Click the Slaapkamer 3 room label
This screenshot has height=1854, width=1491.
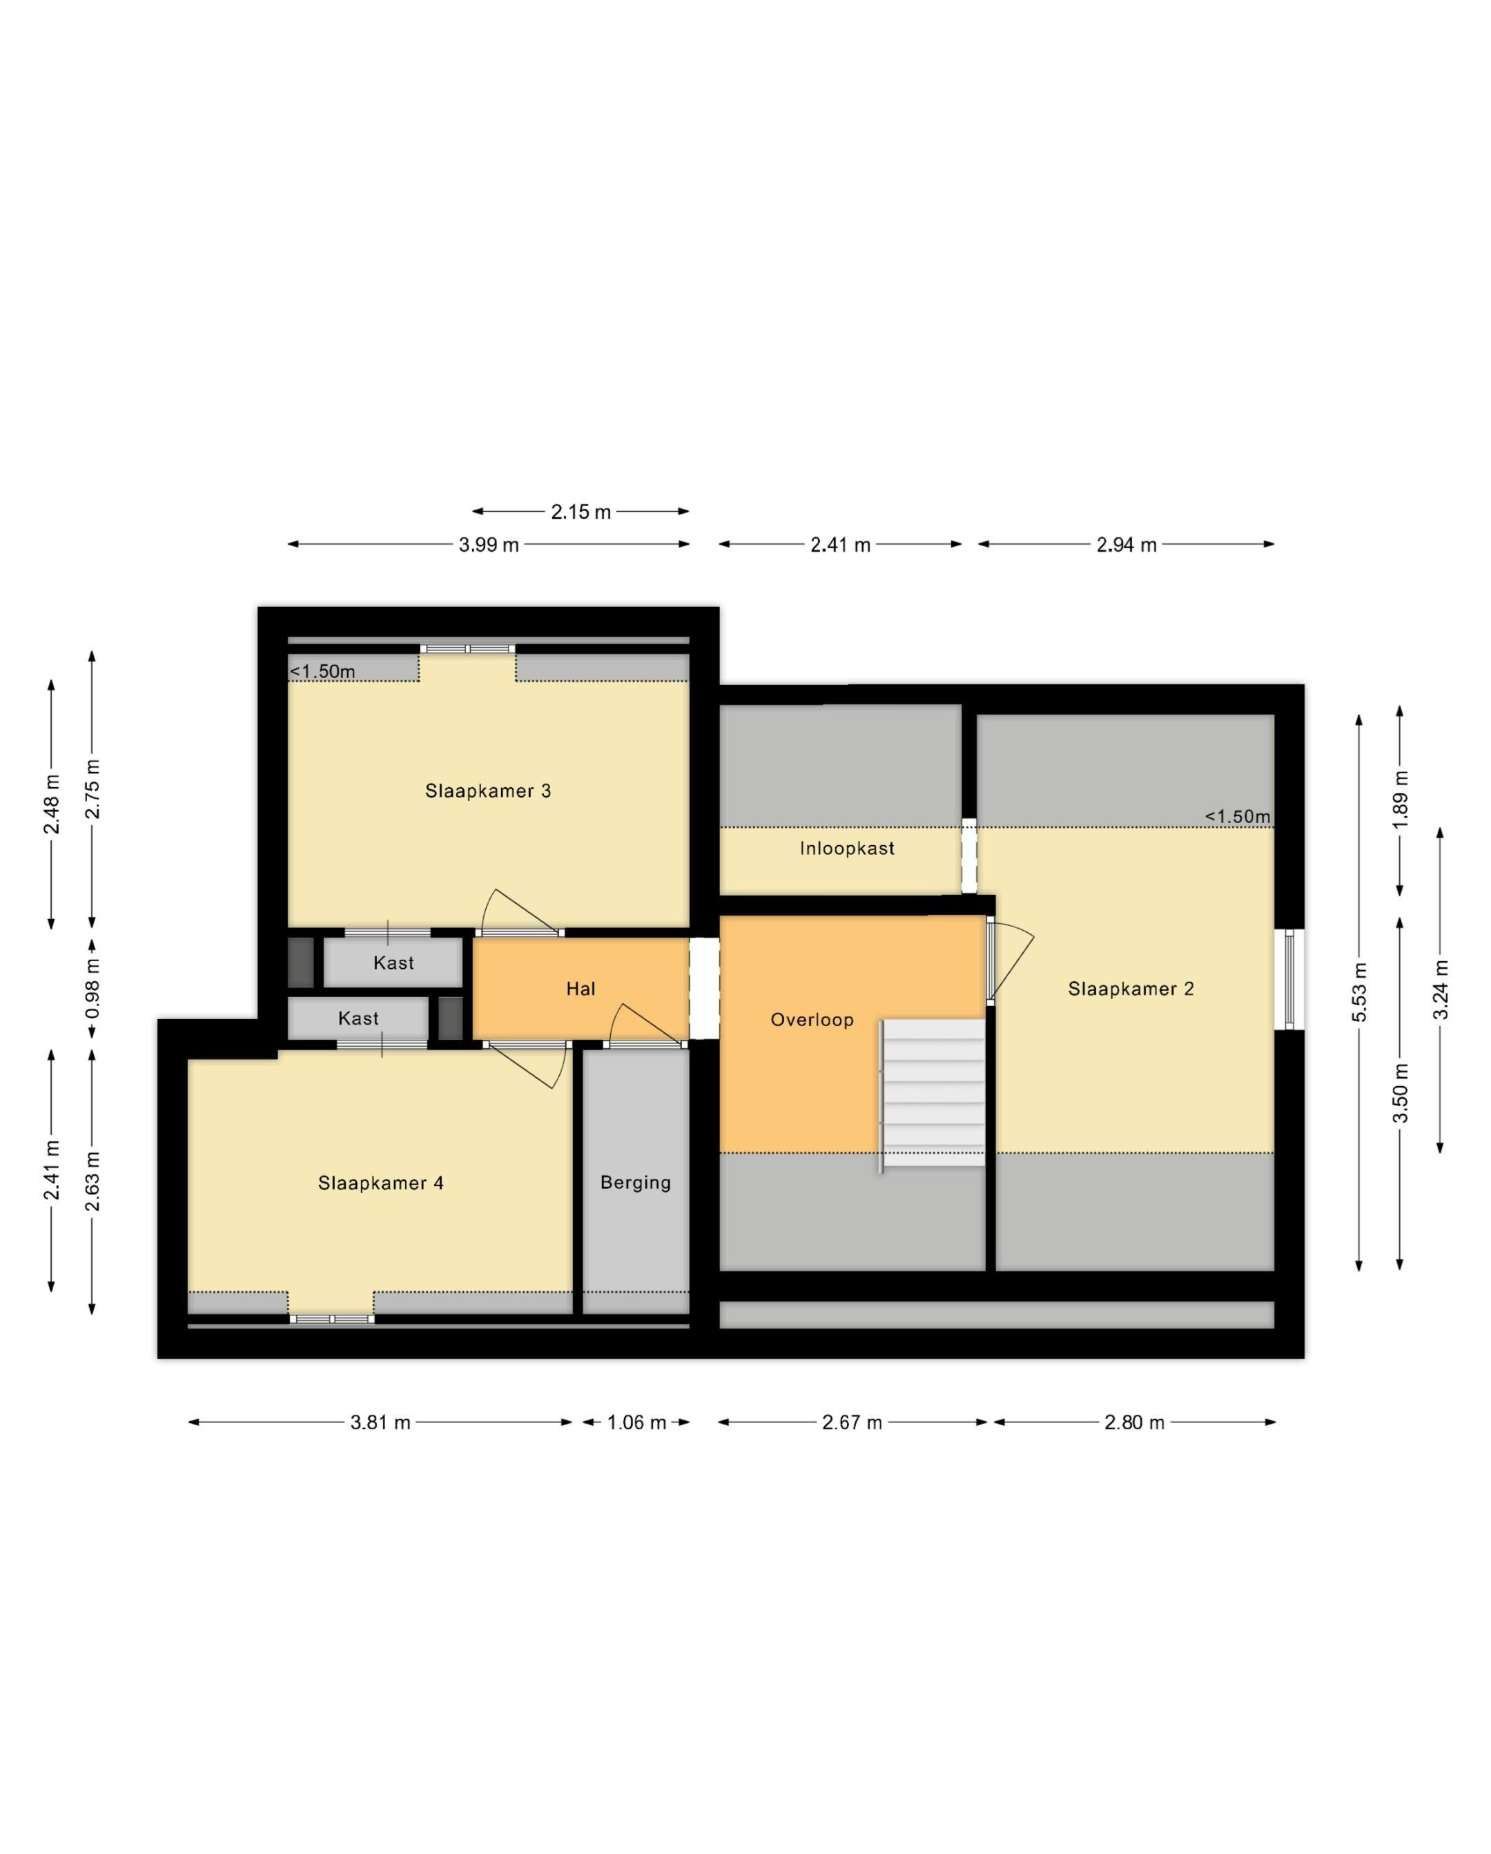(487, 791)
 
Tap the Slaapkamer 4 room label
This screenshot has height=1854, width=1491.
(381, 1184)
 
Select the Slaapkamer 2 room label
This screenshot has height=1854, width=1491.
(1131, 989)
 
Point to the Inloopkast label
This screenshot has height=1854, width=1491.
(847, 849)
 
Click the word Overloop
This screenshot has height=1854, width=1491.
(812, 1020)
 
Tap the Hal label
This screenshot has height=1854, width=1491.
(581, 989)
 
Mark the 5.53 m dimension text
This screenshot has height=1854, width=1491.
(1359, 992)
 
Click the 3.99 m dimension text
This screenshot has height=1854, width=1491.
(489, 544)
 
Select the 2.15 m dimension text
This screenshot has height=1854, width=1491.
(581, 512)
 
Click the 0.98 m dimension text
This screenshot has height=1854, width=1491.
(92, 989)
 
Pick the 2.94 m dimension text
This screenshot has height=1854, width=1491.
(1127, 544)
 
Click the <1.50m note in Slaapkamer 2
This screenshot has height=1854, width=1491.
(1238, 816)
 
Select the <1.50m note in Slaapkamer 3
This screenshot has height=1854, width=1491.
(322, 672)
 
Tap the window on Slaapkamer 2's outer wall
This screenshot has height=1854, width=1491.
(1289, 978)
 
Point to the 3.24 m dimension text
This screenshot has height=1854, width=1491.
(1441, 989)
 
